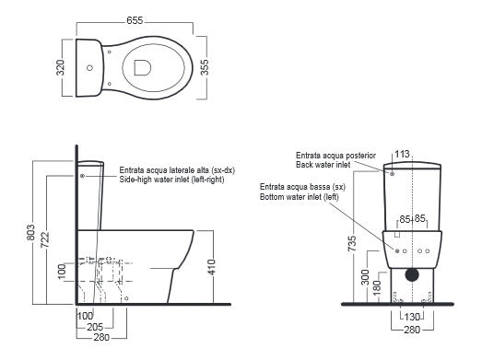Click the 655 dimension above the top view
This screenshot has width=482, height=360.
pyautogui.click(x=135, y=20)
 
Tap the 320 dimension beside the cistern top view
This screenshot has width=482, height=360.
pyautogui.click(x=61, y=67)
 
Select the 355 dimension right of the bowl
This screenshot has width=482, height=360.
pyautogui.click(x=205, y=67)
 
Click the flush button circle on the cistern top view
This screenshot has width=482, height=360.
pyautogui.click(x=89, y=67)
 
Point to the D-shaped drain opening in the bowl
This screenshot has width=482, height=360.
pyautogui.click(x=142, y=67)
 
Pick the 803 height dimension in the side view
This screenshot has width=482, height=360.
pyautogui.click(x=30, y=233)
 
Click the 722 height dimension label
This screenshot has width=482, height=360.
pyautogui.click(x=45, y=240)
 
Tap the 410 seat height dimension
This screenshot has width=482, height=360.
pyautogui.click(x=211, y=267)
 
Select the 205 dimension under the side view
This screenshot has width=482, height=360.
pyautogui.click(x=95, y=327)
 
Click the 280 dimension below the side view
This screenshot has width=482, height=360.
pyautogui.click(x=101, y=337)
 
